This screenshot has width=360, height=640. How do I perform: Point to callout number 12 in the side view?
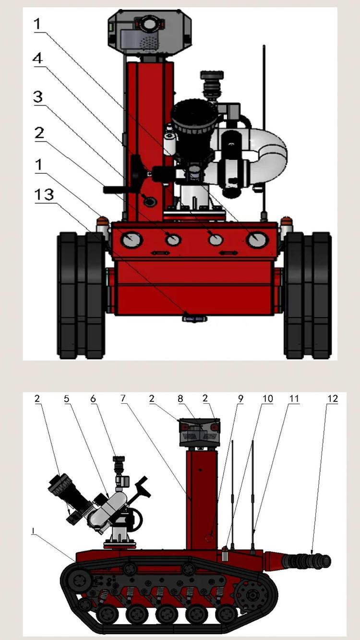pyautogui.click(x=333, y=398)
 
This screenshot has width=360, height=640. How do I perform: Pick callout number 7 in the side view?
pyautogui.click(x=124, y=398)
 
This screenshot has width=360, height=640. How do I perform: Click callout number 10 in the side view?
pyautogui.click(x=267, y=398)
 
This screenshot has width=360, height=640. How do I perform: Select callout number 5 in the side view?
pyautogui.click(x=67, y=398)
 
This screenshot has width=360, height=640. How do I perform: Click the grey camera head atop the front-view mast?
pyautogui.click(x=150, y=30)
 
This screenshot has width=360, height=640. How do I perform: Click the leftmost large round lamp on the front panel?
pyautogui.click(x=131, y=240)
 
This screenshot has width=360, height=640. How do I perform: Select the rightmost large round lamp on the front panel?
pyautogui.click(x=258, y=239)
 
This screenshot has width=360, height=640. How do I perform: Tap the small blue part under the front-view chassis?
pyautogui.click(x=194, y=317)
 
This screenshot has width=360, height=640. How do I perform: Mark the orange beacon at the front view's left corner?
pyautogui.click(x=102, y=222)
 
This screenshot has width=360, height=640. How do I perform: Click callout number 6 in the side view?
pyautogui.click(x=93, y=398)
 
